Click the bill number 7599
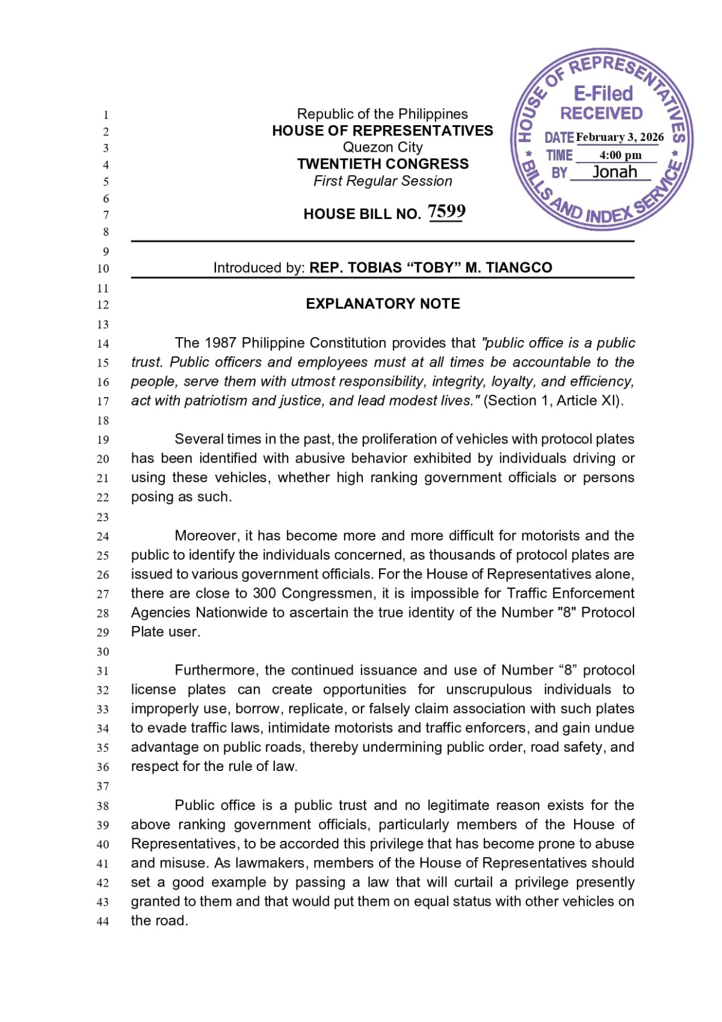(446, 211)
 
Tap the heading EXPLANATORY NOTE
(383, 304)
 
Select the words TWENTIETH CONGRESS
(383, 164)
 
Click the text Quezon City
(383, 147)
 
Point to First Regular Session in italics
(383, 181)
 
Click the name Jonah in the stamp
(614, 172)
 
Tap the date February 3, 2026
(620, 137)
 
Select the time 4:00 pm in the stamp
(620, 155)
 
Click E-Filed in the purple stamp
(603, 93)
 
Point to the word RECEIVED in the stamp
(601, 113)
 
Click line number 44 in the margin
(103, 921)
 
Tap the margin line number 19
(103, 440)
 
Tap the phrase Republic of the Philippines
(383, 114)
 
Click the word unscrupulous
(489, 690)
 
